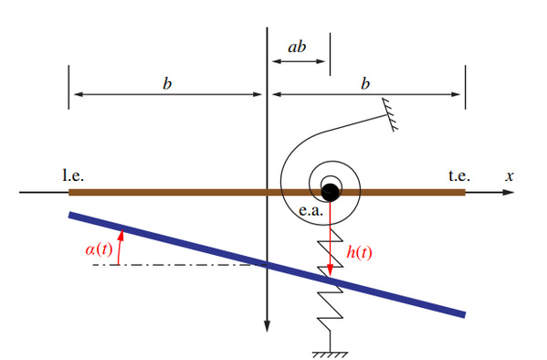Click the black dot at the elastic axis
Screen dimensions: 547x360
click(330, 193)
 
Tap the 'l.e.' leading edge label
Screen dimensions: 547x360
click(73, 175)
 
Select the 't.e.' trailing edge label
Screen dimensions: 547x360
click(459, 175)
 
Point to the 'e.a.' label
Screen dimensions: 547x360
click(310, 211)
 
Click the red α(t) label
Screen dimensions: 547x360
click(100, 249)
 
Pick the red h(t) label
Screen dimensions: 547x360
click(359, 252)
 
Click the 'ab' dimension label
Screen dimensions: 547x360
click(297, 47)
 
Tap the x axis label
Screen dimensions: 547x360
click(510, 176)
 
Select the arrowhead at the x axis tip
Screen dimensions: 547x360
click(508, 192)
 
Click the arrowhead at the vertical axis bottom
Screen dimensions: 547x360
click(267, 326)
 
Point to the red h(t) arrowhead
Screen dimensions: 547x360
click(330, 271)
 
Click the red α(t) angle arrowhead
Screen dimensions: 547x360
click(121, 235)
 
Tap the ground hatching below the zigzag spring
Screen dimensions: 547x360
click(330, 355)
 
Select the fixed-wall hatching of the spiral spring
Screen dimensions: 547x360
click(390, 114)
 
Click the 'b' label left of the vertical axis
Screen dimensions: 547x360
click(167, 84)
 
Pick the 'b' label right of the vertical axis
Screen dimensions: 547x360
click(365, 84)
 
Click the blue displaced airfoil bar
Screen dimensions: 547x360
click(267, 265)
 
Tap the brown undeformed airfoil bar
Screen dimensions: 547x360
click(267, 193)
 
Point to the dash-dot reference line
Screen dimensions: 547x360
click(180, 265)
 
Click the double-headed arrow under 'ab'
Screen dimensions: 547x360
click(299, 61)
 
